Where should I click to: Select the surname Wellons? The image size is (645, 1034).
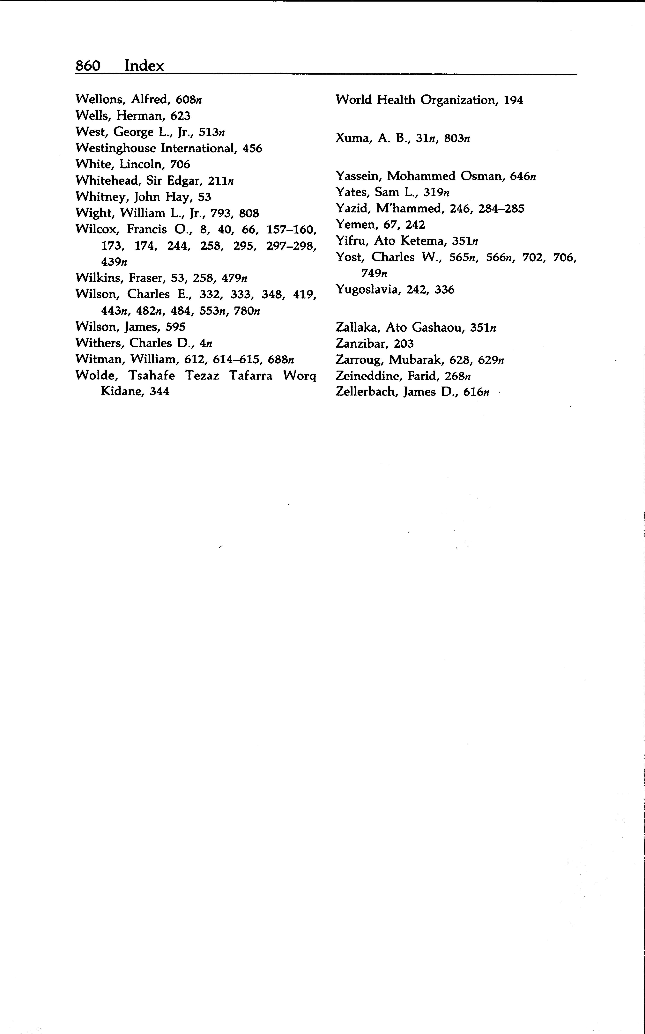(x=101, y=99)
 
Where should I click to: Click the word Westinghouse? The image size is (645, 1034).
(x=115, y=148)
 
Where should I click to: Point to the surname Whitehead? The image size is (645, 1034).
(x=108, y=181)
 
